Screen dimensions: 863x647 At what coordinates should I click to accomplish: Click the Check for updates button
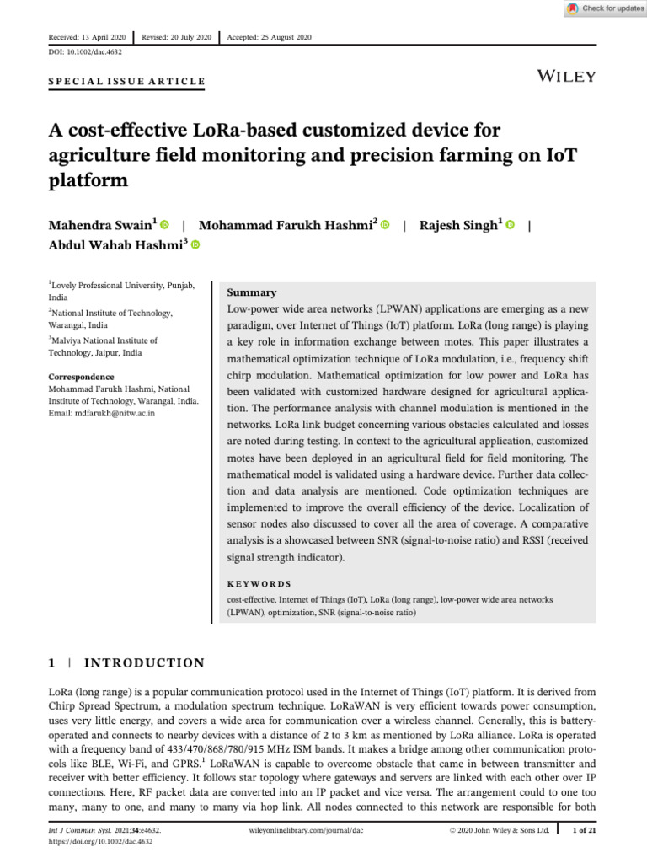pyautogui.click(x=604, y=8)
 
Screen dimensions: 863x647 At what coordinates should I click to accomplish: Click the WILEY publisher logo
pyautogui.click(x=566, y=77)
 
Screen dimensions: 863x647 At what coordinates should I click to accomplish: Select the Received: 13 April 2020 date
pyautogui.click(x=87, y=38)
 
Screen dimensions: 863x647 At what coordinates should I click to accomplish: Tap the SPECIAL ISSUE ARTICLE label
pyautogui.click(x=126, y=82)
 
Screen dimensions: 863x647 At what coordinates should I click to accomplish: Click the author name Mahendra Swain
pyautogui.click(x=101, y=225)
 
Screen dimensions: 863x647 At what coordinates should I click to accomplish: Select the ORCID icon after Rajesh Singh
pyautogui.click(x=511, y=225)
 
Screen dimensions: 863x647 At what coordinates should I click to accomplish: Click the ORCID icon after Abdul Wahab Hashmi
pyautogui.click(x=195, y=245)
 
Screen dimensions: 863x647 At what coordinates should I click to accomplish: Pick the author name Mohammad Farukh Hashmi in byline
pyautogui.click(x=287, y=225)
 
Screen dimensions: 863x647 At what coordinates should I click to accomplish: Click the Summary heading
pyautogui.click(x=252, y=292)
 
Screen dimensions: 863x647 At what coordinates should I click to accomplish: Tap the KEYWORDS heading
pyautogui.click(x=259, y=583)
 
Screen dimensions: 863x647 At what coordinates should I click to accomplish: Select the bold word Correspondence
pyautogui.click(x=81, y=377)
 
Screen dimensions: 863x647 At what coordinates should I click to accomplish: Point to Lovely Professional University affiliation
pyautogui.click(x=122, y=287)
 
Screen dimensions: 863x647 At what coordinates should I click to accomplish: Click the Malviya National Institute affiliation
pyautogui.click(x=105, y=340)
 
